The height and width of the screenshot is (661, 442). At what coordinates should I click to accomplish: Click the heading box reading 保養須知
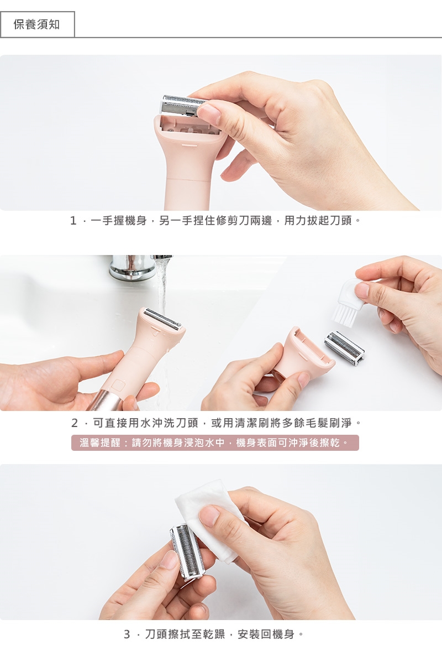pos(38,24)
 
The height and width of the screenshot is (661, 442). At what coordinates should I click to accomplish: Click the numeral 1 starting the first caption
pos(73,221)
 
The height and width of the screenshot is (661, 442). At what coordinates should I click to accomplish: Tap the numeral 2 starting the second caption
pos(75,423)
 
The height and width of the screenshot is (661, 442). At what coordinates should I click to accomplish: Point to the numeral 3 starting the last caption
pos(127,634)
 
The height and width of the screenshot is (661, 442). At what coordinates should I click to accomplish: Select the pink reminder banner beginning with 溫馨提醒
pos(215,443)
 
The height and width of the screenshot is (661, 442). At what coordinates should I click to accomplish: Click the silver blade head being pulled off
pos(183,106)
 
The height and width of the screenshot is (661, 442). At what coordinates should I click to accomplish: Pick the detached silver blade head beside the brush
pos(344,347)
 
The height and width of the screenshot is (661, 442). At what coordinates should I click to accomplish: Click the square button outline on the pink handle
pos(118,386)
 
